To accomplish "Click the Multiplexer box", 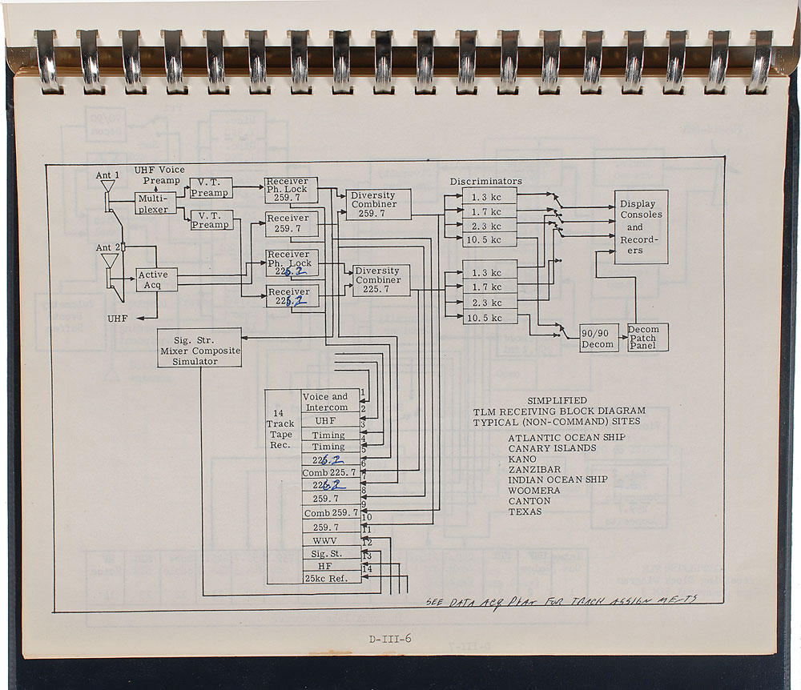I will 154,203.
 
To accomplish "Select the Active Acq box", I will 155,280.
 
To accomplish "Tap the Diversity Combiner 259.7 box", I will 374,205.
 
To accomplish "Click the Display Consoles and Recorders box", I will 641,227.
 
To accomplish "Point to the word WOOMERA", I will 534,491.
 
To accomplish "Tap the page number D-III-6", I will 390,639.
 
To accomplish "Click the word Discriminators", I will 485,181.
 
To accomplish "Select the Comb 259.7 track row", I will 330,512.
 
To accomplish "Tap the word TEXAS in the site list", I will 525,511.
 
